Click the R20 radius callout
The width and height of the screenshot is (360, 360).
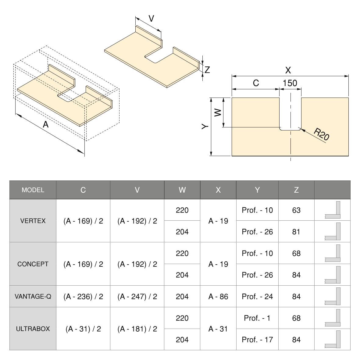[321, 134]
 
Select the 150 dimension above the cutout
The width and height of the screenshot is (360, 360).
[290, 83]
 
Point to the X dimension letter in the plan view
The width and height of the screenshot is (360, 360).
[288, 70]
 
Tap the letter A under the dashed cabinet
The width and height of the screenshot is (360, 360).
[46, 124]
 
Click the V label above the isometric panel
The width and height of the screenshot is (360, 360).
[151, 18]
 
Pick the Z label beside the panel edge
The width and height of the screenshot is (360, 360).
[207, 70]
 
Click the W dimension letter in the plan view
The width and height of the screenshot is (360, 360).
[218, 112]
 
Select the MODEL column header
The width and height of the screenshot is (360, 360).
[33, 190]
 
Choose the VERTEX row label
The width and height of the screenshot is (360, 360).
[33, 221]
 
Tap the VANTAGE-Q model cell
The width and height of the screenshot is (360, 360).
[33, 296]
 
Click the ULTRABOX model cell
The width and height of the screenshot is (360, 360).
[33, 329]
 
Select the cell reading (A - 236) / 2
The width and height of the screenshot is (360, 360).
[83, 297]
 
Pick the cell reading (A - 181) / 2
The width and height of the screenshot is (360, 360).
[137, 329]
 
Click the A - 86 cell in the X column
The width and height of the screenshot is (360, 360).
[218, 297]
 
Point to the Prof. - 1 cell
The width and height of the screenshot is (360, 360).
[257, 318]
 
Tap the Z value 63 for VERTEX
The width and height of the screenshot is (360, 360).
[296, 210]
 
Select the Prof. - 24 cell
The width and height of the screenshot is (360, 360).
[257, 297]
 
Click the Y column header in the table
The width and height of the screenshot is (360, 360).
[257, 190]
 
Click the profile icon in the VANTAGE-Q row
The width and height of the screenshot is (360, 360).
[333, 296]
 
